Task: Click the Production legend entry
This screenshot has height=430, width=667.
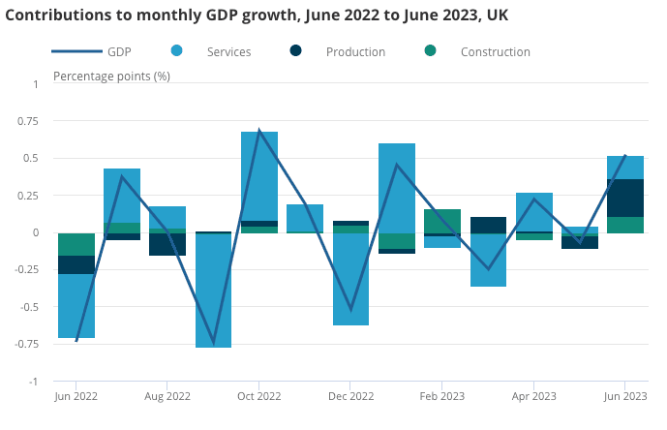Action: (354, 51)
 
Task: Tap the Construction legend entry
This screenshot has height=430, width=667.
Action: (495, 51)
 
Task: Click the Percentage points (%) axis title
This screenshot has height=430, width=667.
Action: (111, 76)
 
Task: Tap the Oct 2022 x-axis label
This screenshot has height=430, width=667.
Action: (258, 396)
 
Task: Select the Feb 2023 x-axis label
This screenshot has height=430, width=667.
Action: (442, 396)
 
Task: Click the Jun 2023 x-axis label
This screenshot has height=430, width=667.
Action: (625, 396)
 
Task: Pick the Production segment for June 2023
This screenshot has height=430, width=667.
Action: (625, 198)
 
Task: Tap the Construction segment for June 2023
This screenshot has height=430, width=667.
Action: (625, 225)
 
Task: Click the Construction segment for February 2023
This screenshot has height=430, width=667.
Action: (442, 221)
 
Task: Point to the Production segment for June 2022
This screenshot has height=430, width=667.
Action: (76, 264)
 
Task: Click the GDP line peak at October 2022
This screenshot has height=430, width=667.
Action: (259, 130)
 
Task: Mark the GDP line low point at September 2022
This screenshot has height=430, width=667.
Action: (213, 344)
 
